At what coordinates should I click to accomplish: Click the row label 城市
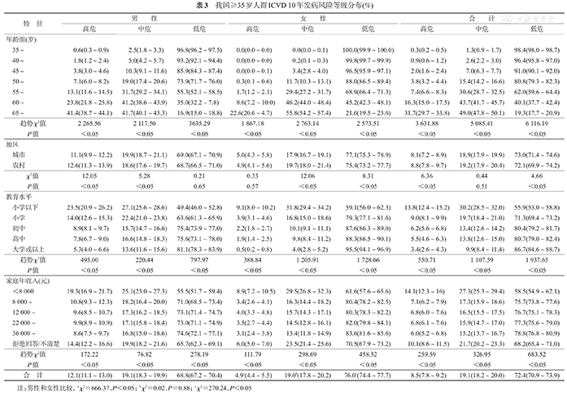(29, 154)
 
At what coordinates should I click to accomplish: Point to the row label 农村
(29, 164)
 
